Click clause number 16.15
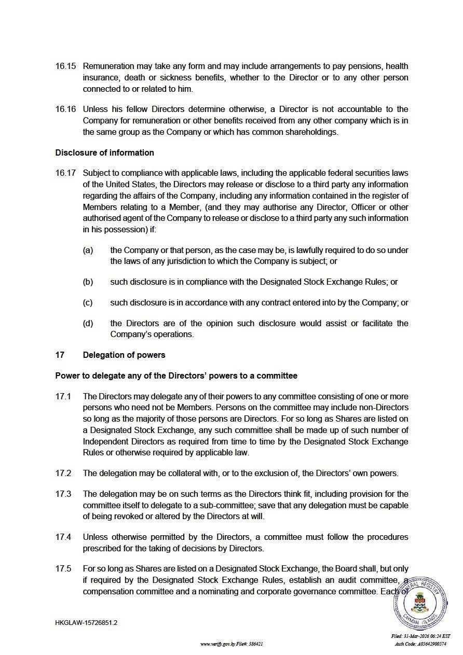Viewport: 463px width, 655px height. (x=65, y=66)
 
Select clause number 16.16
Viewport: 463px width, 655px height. (x=65, y=109)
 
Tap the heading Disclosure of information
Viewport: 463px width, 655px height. (x=104, y=152)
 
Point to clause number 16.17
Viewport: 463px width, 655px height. (x=65, y=173)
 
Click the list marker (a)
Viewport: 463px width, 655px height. (x=88, y=250)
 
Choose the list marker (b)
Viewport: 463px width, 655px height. (x=88, y=282)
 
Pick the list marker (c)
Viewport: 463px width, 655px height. (x=88, y=303)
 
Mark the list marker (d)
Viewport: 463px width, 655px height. (x=88, y=324)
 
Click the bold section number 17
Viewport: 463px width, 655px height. (x=60, y=355)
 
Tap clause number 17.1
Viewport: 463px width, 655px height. (x=63, y=397)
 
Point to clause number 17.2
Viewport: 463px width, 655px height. (x=63, y=473)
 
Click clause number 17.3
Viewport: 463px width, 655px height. (x=63, y=494)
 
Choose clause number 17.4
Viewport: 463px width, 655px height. (x=63, y=537)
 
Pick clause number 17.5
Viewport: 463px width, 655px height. (x=63, y=569)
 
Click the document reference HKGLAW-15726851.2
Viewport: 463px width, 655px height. (x=86, y=623)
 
